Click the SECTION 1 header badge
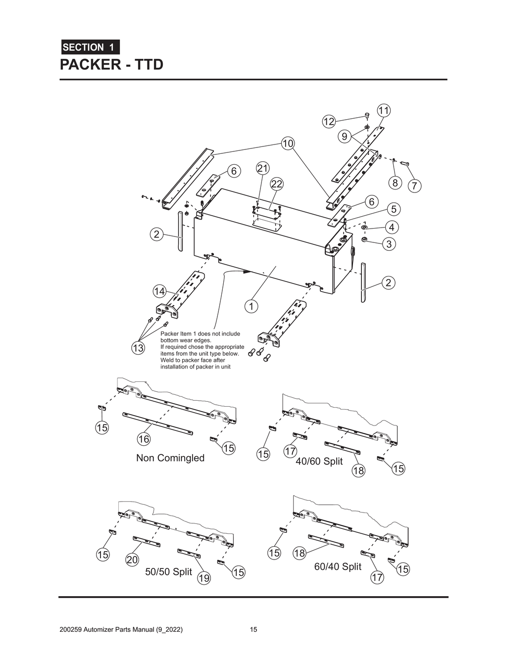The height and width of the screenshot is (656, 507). click(x=90, y=47)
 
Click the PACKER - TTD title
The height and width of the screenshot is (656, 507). click(x=111, y=65)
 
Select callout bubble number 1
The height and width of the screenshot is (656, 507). click(x=251, y=306)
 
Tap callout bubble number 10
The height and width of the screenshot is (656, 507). click(x=288, y=143)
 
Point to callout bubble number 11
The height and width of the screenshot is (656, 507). click(x=384, y=110)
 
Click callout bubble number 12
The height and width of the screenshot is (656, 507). click(x=329, y=121)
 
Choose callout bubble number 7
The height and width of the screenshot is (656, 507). click(x=414, y=186)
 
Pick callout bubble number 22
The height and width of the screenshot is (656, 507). click(x=276, y=184)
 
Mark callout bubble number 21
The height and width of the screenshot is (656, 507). click(x=262, y=168)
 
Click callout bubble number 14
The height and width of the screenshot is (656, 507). click(x=159, y=291)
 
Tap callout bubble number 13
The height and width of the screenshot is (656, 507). click(x=138, y=348)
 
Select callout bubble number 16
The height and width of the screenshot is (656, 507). click(x=144, y=439)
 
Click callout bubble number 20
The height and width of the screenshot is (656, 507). click(x=132, y=560)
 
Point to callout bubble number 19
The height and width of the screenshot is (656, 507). click(x=203, y=578)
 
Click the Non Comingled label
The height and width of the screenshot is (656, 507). click(x=170, y=458)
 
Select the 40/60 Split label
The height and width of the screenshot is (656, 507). click(x=319, y=461)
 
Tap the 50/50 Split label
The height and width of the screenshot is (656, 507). click(x=168, y=572)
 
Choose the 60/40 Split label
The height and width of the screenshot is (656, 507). click(x=338, y=566)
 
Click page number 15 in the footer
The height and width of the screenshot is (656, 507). click(x=253, y=630)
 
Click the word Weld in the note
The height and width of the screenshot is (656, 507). click(x=167, y=360)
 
